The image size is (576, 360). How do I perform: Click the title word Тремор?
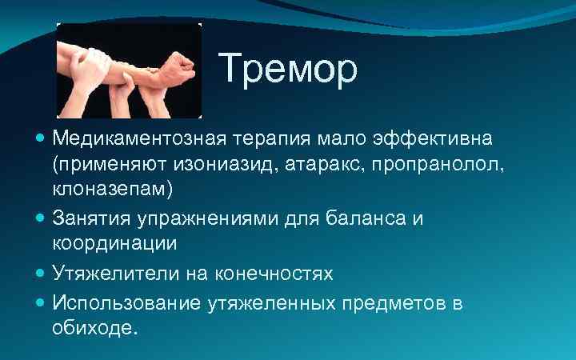coord(288,70)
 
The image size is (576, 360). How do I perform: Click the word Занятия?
coord(92,218)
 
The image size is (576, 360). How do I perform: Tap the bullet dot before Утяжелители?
coord(42,273)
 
